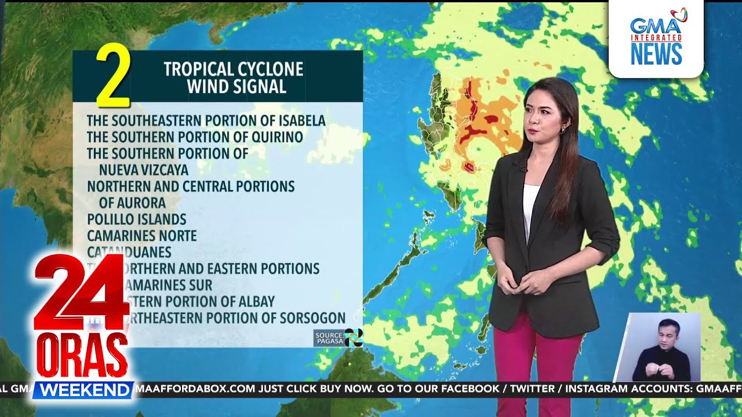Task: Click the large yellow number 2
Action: pyautogui.click(x=113, y=77)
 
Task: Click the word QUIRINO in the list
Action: pyautogui.click(x=277, y=137)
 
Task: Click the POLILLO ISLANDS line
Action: pyautogui.click(x=137, y=220)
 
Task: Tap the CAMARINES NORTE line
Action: pyautogui.click(x=142, y=236)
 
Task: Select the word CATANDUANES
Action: pyautogui.click(x=129, y=253)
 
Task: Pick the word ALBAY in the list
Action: pyautogui.click(x=256, y=302)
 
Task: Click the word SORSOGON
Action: pyautogui.click(x=314, y=318)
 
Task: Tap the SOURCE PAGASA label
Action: pyautogui.click(x=329, y=338)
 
